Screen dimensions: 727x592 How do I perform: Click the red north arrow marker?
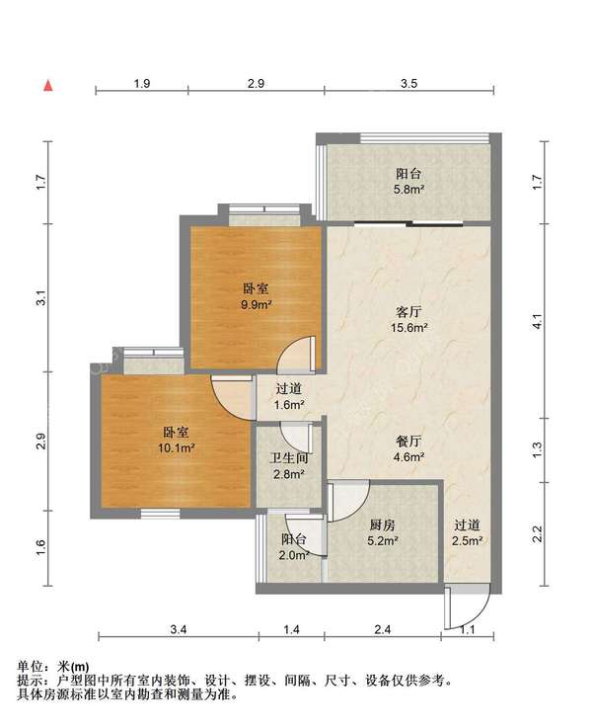click(x=46, y=86)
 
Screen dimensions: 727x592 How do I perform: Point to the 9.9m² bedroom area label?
click(x=257, y=305)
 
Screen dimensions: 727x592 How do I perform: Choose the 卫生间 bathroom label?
click(x=289, y=457)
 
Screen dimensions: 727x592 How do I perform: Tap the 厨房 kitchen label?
click(x=383, y=525)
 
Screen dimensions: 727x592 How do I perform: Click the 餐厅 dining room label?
click(x=409, y=442)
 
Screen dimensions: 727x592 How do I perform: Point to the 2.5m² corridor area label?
click(x=468, y=540)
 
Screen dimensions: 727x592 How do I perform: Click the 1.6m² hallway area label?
click(x=289, y=404)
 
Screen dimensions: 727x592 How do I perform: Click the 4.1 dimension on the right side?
click(x=537, y=321)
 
